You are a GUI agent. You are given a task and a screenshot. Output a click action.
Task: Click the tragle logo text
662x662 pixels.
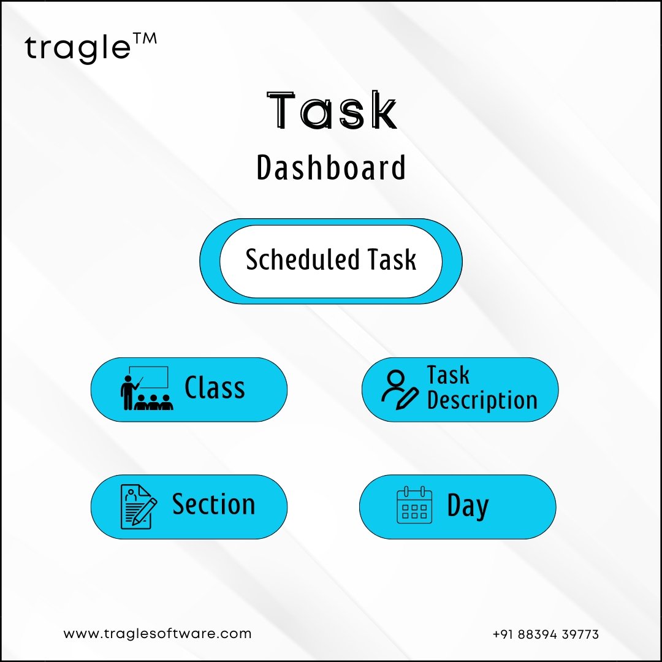tap(78, 49)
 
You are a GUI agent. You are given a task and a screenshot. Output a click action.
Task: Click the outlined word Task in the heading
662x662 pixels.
tap(332, 110)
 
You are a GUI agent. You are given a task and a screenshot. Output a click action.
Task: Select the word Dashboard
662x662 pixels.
tap(332, 167)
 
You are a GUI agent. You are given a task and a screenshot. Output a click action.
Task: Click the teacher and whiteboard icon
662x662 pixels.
tap(146, 388)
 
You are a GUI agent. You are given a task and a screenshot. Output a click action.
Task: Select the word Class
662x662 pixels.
tap(215, 387)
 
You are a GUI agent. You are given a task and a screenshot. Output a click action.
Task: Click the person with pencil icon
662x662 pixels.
tap(400, 390)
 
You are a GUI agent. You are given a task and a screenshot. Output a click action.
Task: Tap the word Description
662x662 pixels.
tap(482, 400)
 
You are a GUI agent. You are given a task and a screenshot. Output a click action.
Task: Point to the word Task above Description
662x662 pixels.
tap(448, 375)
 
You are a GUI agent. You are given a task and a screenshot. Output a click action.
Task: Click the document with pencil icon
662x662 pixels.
tap(139, 507)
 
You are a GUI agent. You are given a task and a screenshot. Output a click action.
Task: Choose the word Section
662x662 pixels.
tap(214, 504)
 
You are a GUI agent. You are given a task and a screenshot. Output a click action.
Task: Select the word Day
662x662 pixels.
tap(468, 505)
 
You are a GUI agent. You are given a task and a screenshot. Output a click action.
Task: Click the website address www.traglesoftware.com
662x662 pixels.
tap(158, 634)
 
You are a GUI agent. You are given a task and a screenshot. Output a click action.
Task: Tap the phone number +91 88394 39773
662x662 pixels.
tap(546, 634)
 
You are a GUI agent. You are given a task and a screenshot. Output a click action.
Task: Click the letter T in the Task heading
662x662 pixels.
tap(281, 110)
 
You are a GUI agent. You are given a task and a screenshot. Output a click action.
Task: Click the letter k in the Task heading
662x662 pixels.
tap(383, 110)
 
